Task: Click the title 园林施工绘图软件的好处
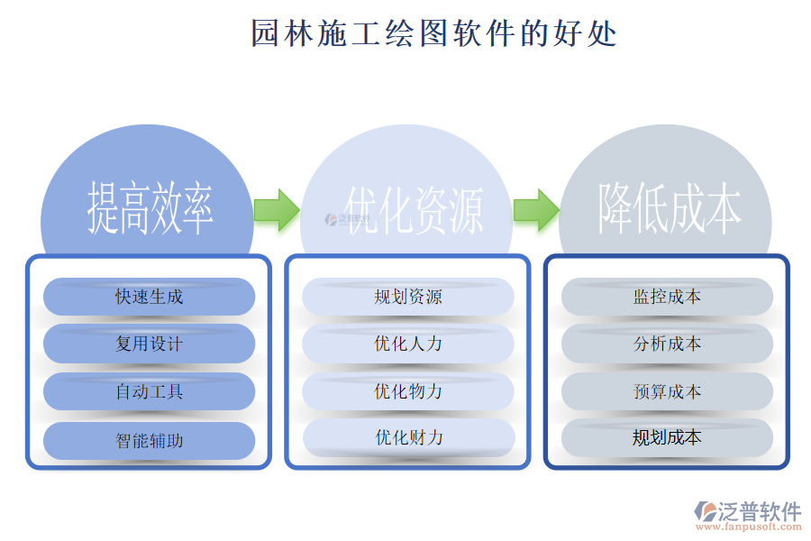tap(433, 33)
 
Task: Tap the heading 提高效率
tap(150, 208)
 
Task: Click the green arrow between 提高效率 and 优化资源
tap(276, 209)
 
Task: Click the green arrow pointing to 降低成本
tap(536, 209)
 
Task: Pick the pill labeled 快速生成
tap(150, 297)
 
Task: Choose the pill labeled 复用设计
tap(150, 344)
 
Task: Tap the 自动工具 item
tap(150, 391)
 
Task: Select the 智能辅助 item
tap(150, 440)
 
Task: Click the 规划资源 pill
tap(408, 297)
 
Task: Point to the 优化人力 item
tap(408, 344)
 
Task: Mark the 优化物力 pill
tap(408, 391)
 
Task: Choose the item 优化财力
tap(408, 438)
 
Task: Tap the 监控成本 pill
tap(668, 297)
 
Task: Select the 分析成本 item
tap(668, 344)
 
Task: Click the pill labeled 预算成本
tap(668, 391)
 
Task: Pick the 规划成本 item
tap(668, 438)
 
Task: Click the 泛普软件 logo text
tap(759, 511)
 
